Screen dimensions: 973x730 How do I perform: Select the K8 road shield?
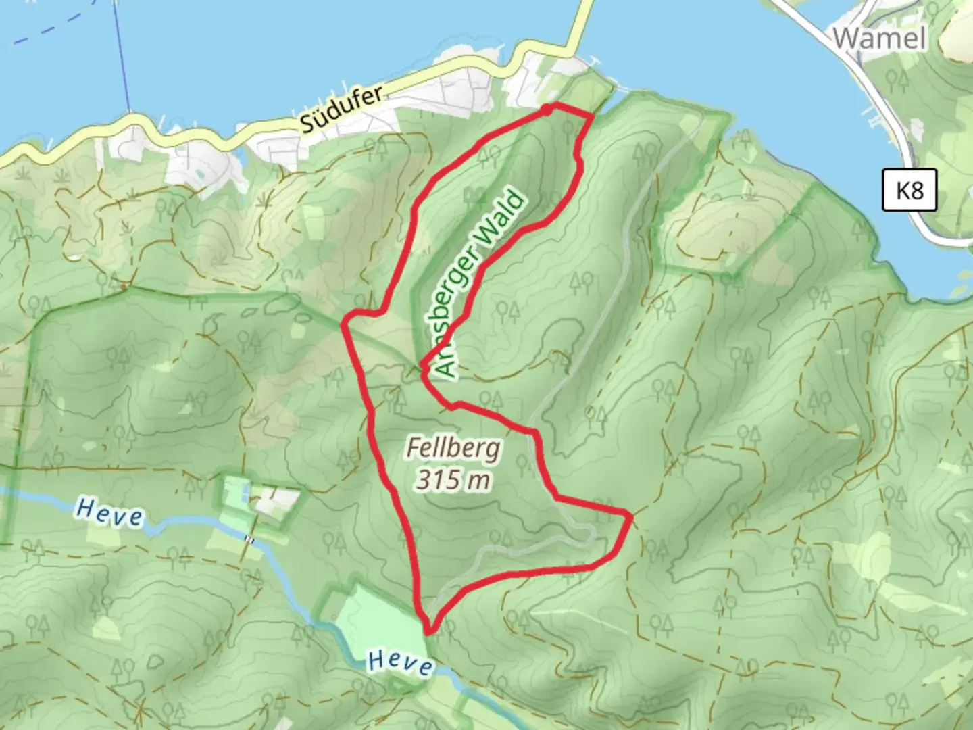[x=909, y=190]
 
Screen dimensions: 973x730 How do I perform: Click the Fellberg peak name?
[x=453, y=447]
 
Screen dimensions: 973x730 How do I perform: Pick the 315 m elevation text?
[x=453, y=480]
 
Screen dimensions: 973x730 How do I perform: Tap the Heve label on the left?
[x=109, y=512]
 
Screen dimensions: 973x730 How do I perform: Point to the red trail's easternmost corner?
[x=631, y=517]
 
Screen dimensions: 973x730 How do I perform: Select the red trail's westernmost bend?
[x=344, y=324]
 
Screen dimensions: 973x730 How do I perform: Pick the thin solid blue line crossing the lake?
[x=122, y=54]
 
